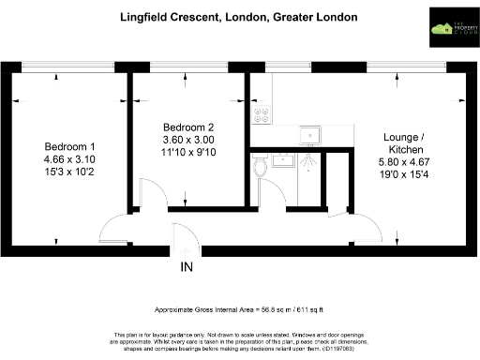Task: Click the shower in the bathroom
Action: [306, 159]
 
